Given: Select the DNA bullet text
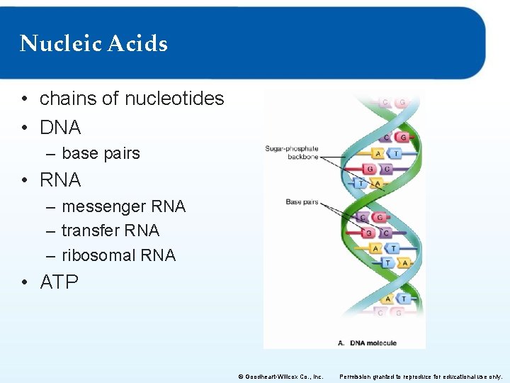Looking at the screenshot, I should click(x=60, y=128).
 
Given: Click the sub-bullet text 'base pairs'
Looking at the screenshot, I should click(x=101, y=153).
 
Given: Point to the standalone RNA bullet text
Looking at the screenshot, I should click(x=60, y=180).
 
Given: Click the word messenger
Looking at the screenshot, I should click(x=99, y=207).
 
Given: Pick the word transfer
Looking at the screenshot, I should click(x=90, y=231).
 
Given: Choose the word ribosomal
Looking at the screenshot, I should click(x=96, y=255).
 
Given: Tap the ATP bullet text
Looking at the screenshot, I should click(x=59, y=282).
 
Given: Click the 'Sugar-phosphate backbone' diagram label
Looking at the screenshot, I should click(x=292, y=152).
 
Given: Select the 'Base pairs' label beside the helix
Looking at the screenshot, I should click(x=302, y=202).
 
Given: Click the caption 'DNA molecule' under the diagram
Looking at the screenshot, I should click(x=373, y=343).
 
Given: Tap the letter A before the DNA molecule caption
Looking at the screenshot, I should click(x=340, y=343).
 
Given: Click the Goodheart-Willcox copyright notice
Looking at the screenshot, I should click(x=280, y=377).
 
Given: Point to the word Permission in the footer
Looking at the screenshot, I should click(x=358, y=377).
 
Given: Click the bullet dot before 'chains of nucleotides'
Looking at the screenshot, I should click(x=25, y=99).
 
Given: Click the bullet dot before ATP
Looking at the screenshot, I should click(x=25, y=283).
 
